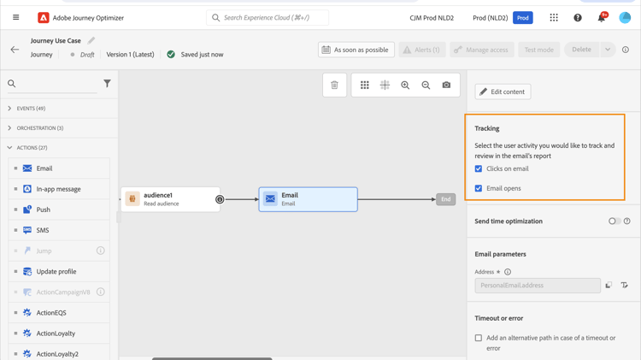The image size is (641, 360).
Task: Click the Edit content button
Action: [x=503, y=91]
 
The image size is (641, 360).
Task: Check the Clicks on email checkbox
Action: [x=479, y=168]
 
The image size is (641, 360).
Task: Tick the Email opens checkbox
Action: [x=479, y=188]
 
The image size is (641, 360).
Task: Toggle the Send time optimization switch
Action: [x=615, y=221]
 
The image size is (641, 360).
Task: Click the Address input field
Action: [x=538, y=286]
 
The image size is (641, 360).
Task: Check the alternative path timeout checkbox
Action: [x=479, y=338]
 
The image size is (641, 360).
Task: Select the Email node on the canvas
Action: [x=309, y=199]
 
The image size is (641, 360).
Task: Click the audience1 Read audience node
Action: [x=170, y=199]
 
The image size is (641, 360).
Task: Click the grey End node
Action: [x=445, y=199]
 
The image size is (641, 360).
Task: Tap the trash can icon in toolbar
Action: [x=334, y=86]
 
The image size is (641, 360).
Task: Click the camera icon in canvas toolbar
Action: [x=446, y=86]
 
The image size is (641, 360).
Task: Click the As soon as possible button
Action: [x=356, y=50]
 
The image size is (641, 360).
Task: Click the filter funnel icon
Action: [x=107, y=84]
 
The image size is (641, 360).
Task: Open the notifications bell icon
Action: [x=602, y=18]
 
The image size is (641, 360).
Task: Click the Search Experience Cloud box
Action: [x=268, y=18]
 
